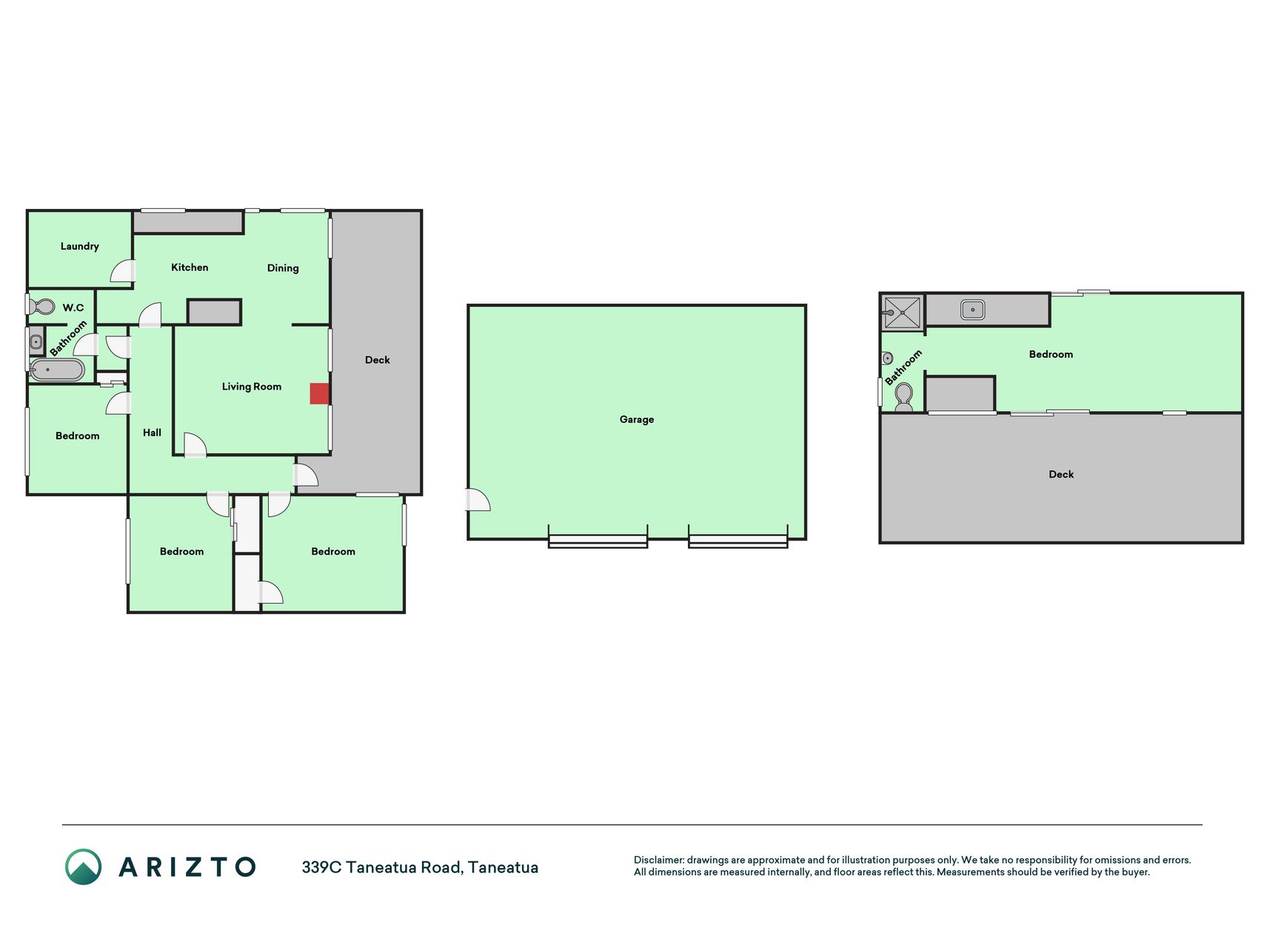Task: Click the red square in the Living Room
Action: click(319, 393)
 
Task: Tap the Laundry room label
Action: click(79, 246)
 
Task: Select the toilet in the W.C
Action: click(43, 307)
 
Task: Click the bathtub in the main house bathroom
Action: click(57, 370)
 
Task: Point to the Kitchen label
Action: click(190, 267)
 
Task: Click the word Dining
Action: click(283, 268)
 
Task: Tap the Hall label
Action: click(152, 433)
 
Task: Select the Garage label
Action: click(637, 419)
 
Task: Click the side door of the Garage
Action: click(478, 500)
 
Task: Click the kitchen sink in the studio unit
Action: click(972, 310)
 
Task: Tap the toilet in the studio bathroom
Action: click(903, 397)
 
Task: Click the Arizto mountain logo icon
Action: click(83, 867)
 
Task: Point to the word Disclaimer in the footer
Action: click(659, 860)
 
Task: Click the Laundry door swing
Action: click(122, 271)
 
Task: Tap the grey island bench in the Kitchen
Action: click(214, 312)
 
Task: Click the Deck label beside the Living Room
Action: click(377, 360)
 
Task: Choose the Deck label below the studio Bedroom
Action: click(1061, 474)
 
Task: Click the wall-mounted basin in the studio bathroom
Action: click(887, 358)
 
